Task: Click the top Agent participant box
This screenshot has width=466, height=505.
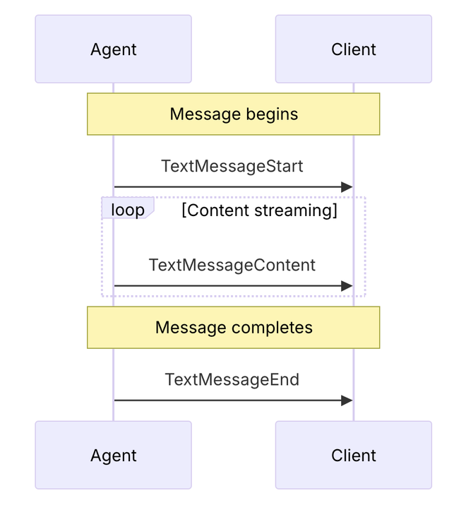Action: [114, 49]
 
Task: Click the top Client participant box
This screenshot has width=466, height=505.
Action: [354, 49]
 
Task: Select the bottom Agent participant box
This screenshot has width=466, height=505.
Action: [114, 455]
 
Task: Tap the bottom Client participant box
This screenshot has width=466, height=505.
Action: [354, 455]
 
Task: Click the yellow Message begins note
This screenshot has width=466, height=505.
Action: [234, 114]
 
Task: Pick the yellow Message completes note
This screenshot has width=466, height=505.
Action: [234, 328]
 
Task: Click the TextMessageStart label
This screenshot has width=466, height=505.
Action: [232, 166]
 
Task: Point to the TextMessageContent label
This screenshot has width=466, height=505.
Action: [232, 265]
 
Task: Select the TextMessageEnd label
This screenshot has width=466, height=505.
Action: [232, 379]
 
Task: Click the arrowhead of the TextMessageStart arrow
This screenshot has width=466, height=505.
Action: [347, 186]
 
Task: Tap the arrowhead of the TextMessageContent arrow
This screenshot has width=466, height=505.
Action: [347, 285]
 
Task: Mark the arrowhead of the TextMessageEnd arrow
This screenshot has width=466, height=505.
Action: [347, 400]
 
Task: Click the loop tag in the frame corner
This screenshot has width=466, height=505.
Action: [128, 208]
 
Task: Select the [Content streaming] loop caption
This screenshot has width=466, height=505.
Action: [260, 210]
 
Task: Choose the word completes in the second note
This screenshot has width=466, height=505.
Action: [272, 328]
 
